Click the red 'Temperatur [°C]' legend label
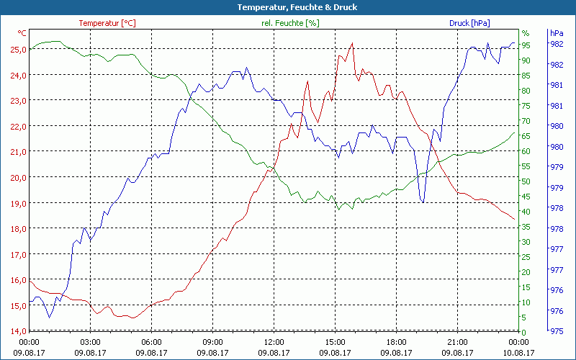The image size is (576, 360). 107,23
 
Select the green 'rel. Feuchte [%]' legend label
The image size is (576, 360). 290,23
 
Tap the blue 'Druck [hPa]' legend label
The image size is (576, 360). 469,23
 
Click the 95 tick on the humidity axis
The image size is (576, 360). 526,45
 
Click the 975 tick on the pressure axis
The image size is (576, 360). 556,331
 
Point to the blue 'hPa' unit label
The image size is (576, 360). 556,33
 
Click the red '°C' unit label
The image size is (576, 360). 22,33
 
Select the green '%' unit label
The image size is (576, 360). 526,33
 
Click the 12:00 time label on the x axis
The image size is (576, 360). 274,342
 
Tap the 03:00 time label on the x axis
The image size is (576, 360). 90,342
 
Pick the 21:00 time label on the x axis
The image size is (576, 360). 458,342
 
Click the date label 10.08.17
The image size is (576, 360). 519,353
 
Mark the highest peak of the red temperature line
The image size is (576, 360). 352,43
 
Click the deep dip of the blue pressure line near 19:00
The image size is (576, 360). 423,202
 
